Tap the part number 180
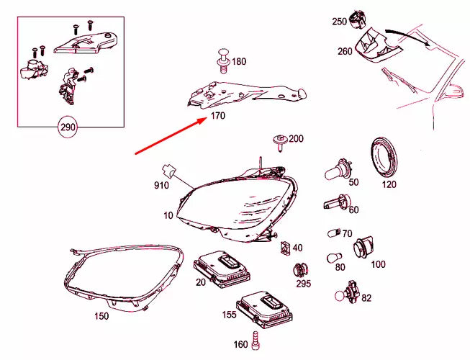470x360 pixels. pyautogui.click(x=238, y=62)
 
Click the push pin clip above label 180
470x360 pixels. pyautogui.click(x=222, y=60)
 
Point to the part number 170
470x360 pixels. pyautogui.click(x=218, y=115)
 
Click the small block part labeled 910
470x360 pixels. pyautogui.click(x=169, y=171)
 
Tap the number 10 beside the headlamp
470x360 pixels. pyautogui.click(x=168, y=215)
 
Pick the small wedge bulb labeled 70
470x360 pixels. pyautogui.click(x=332, y=232)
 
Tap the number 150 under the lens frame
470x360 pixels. pyautogui.click(x=102, y=315)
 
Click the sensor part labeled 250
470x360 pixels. pyautogui.click(x=355, y=17)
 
